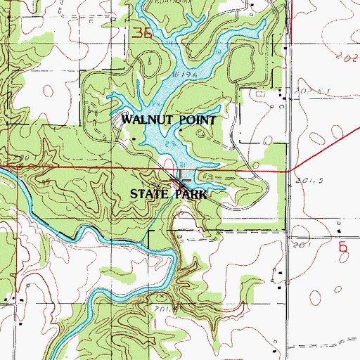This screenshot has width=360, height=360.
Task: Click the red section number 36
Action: (x=141, y=34)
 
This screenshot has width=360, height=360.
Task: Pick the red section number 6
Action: (x=342, y=247)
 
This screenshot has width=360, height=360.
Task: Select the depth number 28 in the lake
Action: (x=169, y=143)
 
